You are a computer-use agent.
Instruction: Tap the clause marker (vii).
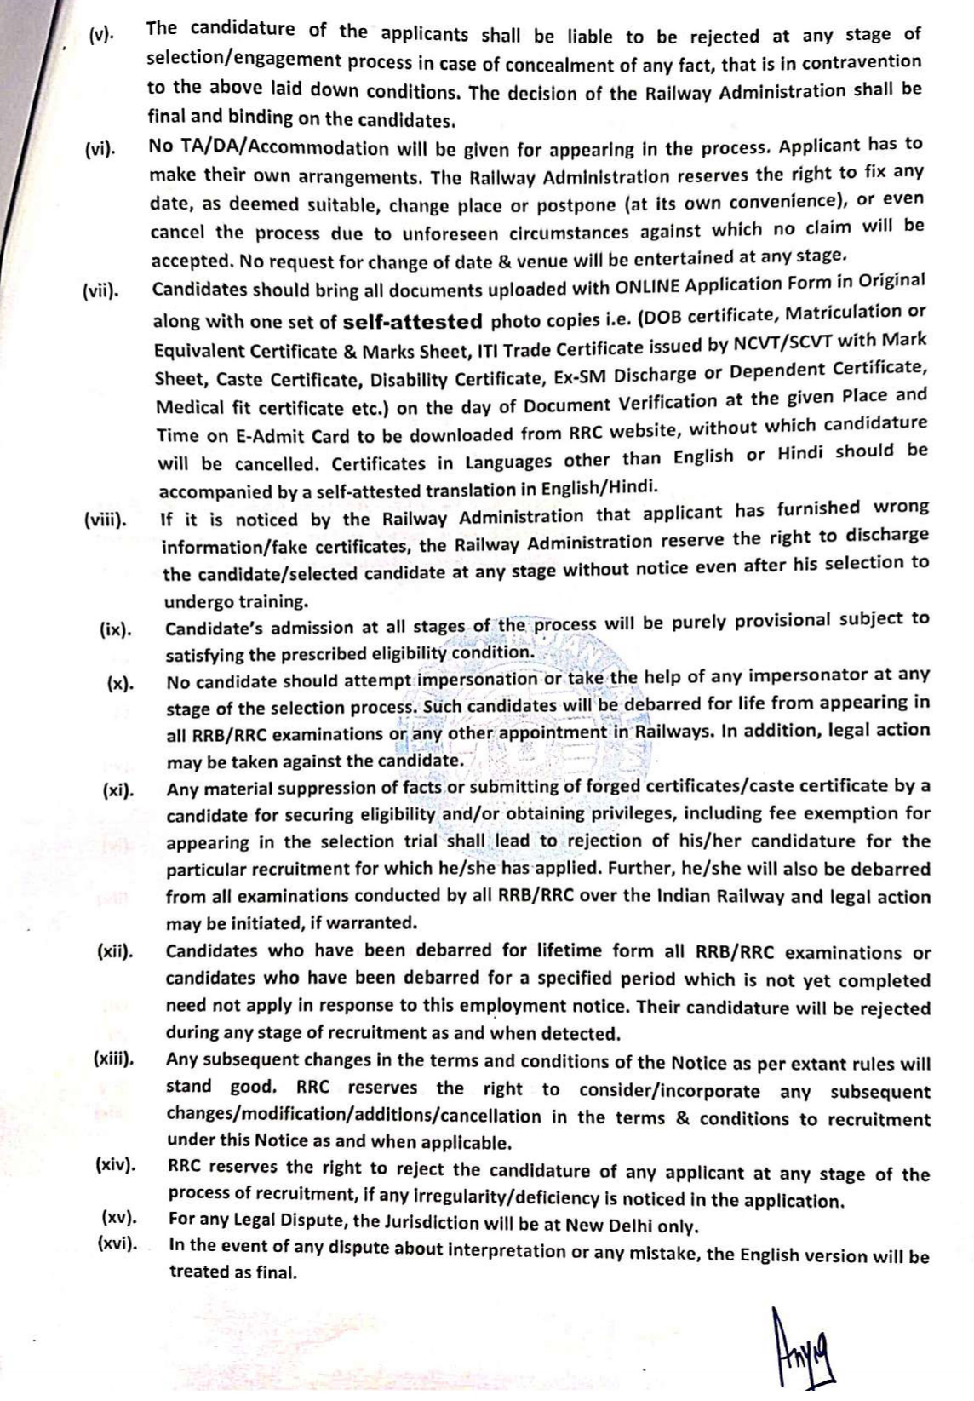coord(100,291)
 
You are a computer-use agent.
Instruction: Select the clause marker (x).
coord(120,685)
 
